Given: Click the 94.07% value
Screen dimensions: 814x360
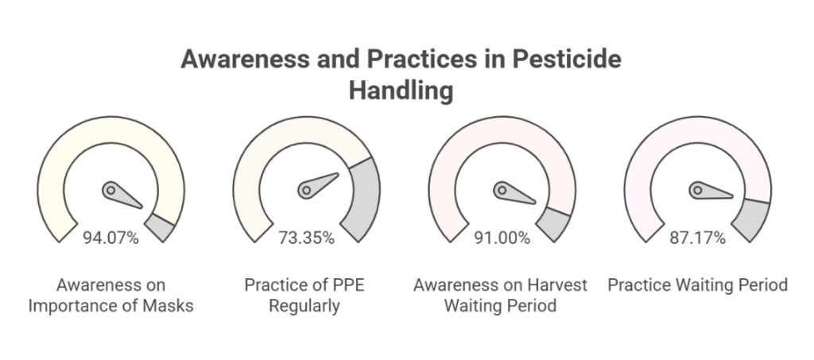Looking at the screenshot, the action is pyautogui.click(x=110, y=238).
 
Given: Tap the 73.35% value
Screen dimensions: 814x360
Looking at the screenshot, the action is pyautogui.click(x=306, y=238).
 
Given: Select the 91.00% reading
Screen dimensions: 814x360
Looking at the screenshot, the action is pyautogui.click(x=502, y=238).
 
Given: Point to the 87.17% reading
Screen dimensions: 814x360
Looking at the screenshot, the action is pyautogui.click(x=697, y=238).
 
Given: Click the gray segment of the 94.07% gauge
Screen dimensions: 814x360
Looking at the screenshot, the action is pyautogui.click(x=161, y=227).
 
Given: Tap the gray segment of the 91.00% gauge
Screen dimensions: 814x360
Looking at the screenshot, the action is pyautogui.click(x=554, y=223).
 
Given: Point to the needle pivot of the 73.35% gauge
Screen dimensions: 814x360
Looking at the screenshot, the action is pyautogui.click(x=306, y=191).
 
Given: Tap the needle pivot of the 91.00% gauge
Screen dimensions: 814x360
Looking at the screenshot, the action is pyautogui.click(x=502, y=191).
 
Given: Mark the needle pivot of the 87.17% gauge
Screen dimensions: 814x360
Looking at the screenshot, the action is pyautogui.click(x=698, y=191).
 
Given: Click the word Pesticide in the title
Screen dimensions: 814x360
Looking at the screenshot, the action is pyautogui.click(x=567, y=59).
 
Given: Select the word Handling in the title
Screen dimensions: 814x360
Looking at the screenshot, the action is pyautogui.click(x=401, y=91).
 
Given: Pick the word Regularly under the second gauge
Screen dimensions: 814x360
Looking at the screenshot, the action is pyautogui.click(x=304, y=305).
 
